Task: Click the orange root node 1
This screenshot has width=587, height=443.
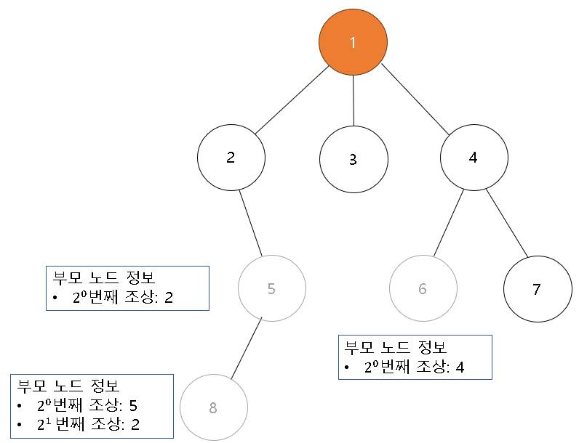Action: (x=353, y=42)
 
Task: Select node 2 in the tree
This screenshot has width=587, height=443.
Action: (x=231, y=158)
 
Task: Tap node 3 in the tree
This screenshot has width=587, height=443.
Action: (x=353, y=159)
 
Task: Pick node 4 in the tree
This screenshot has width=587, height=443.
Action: (x=474, y=158)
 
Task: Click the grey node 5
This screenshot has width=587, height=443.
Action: (x=271, y=288)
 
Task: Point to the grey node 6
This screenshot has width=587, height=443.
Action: (x=423, y=288)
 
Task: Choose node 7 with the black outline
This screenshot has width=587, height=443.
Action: (x=537, y=289)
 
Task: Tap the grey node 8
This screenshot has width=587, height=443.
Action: (x=213, y=407)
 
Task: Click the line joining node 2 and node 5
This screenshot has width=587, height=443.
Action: (x=250, y=223)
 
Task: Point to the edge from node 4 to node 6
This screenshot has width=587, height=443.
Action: (x=449, y=223)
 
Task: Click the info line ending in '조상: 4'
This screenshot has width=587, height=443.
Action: (x=413, y=367)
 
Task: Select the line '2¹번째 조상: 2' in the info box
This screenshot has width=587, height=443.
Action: (x=87, y=423)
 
